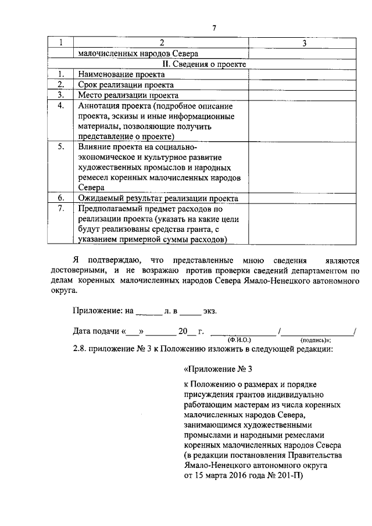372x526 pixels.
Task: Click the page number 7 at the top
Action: [214, 28]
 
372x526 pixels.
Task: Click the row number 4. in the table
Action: [60, 105]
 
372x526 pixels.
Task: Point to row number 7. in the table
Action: [60, 208]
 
